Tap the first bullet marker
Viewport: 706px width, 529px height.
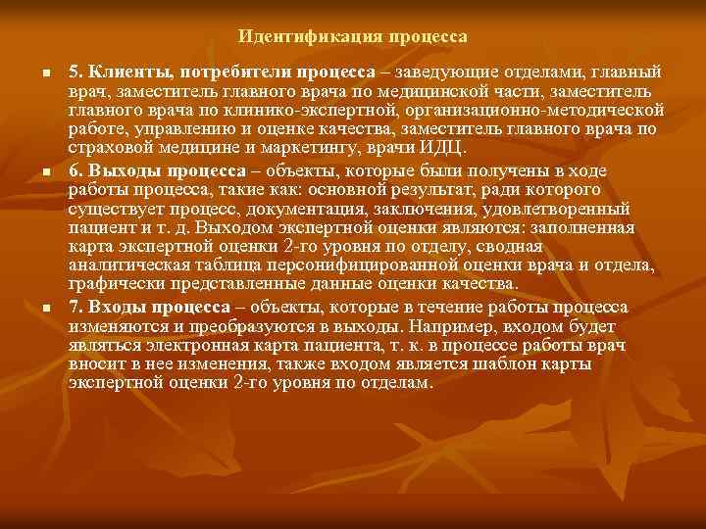(33, 74)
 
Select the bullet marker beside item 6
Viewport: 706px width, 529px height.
(33, 171)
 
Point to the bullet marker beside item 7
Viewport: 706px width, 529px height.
(33, 310)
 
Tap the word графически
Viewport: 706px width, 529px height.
(113, 285)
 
